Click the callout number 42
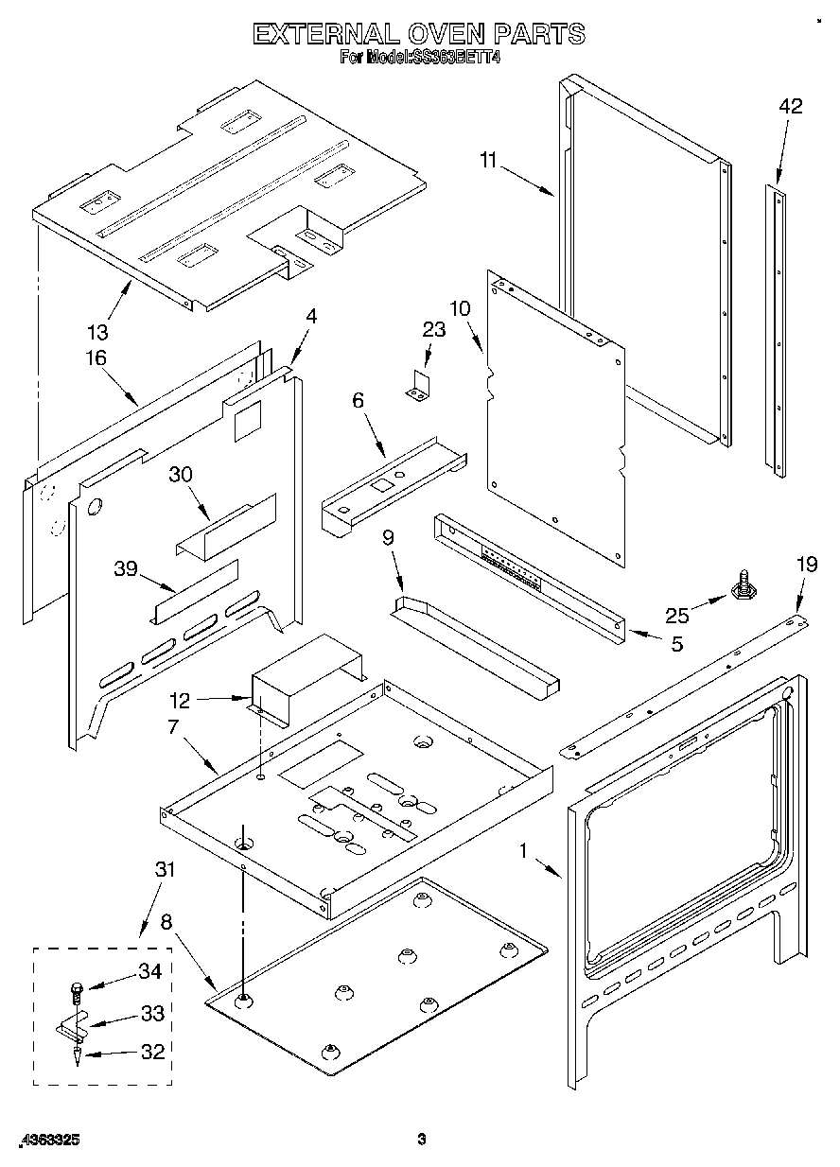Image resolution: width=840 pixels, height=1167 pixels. [790, 107]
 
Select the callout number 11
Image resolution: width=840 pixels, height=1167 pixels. [487, 161]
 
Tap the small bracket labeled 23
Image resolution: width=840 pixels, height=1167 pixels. [418, 385]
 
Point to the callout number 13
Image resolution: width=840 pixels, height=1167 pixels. [97, 332]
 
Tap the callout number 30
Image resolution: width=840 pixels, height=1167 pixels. [181, 474]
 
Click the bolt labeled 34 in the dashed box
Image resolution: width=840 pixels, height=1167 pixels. [76, 991]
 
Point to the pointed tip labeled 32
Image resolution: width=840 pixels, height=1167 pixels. [76, 1057]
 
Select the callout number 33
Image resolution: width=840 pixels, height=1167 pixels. [152, 1013]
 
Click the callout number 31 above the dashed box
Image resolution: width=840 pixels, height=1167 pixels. [165, 870]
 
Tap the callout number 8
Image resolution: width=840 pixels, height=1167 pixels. [166, 922]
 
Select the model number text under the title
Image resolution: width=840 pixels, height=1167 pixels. [419, 58]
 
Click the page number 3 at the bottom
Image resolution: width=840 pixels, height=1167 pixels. [422, 1141]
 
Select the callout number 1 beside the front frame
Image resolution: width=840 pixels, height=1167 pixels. [522, 850]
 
